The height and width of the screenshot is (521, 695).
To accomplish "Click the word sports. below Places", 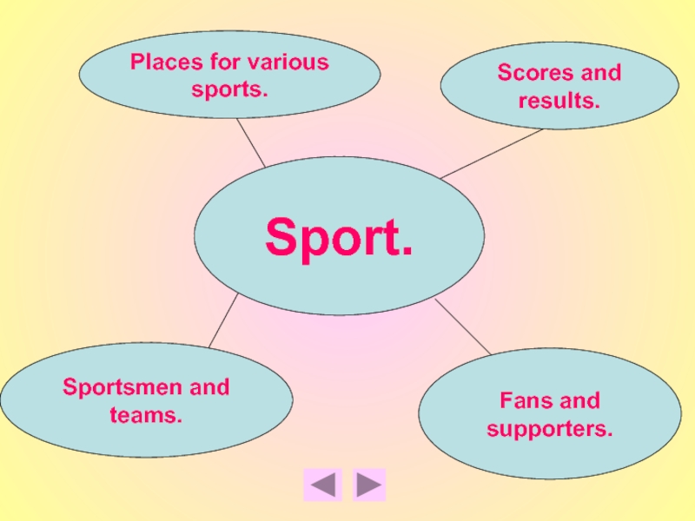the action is [230, 89].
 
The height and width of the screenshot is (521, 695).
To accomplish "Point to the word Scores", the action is [531, 73].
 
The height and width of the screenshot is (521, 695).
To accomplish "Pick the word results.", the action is [559, 101].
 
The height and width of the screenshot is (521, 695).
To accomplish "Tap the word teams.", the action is [146, 415].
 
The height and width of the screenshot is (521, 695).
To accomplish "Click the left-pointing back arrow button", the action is [323, 485].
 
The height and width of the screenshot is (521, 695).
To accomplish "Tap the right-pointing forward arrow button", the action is [369, 485].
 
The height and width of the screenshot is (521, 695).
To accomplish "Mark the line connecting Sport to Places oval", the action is [252, 144].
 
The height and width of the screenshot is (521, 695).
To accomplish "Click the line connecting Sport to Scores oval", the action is [492, 154].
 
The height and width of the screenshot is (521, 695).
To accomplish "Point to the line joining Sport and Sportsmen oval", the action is [223, 320].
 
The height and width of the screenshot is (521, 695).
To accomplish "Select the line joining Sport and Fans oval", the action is [463, 327].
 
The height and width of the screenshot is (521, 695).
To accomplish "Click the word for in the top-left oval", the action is [224, 63].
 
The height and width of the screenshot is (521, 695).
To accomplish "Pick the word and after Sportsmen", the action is [209, 387].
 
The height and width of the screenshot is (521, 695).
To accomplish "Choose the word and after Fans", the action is [579, 401].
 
